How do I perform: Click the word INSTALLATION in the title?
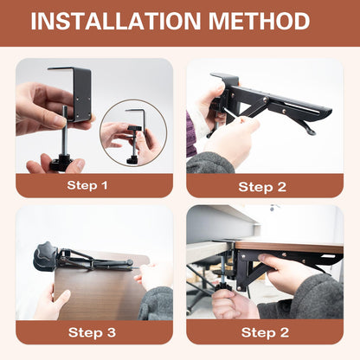point(116,21)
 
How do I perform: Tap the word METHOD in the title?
point(259,21)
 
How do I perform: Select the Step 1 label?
point(87,185)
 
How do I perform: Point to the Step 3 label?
point(92,332)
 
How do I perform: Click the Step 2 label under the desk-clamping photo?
point(265,332)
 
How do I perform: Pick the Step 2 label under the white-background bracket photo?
point(262,187)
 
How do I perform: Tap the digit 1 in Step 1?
point(104,185)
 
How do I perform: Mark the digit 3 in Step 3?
point(111,332)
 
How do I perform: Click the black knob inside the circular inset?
point(135,128)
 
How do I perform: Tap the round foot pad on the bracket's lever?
point(312,132)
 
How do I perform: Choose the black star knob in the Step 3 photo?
point(44,256)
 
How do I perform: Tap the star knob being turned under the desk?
point(221,287)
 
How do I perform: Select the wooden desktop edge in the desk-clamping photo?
point(289,247)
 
